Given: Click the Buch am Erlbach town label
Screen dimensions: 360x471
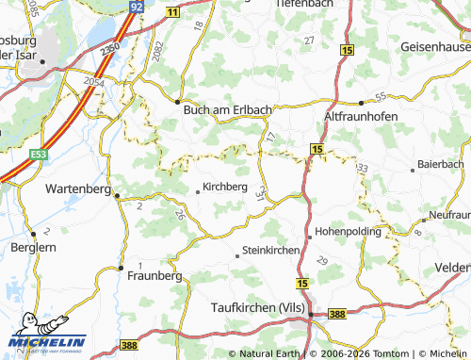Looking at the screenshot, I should pyautogui.click(x=227, y=109).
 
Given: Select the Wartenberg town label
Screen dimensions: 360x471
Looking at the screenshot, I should pyautogui.click(x=79, y=188).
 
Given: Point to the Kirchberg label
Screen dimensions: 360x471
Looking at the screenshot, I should pyautogui.click(x=226, y=188).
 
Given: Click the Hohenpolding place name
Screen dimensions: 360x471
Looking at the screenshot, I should pyautogui.click(x=349, y=231).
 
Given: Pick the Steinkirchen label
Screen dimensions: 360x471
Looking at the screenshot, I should pyautogui.click(x=271, y=251).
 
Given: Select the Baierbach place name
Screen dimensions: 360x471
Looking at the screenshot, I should pyautogui.click(x=441, y=164).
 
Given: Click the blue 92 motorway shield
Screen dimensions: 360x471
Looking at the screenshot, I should pyautogui.click(x=137, y=7).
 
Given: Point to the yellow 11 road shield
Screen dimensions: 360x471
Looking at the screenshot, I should pyautogui.click(x=171, y=11).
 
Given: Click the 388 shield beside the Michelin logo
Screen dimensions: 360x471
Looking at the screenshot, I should pyautogui.click(x=130, y=348).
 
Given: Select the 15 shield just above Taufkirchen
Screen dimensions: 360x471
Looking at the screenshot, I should pyautogui.click(x=301, y=283).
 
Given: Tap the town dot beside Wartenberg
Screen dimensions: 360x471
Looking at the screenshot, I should pyautogui.click(x=117, y=196).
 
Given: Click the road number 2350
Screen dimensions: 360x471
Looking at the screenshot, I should pyautogui.click(x=110, y=45).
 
